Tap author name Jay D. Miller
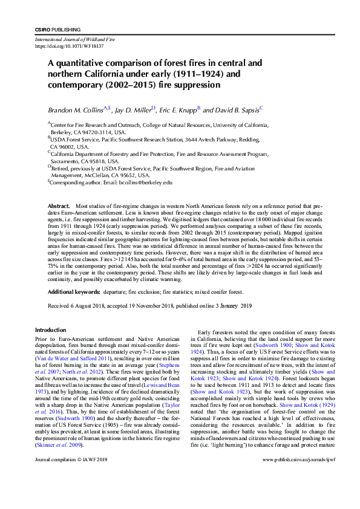[134, 111]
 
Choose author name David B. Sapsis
[237, 111]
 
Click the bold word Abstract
[59, 207]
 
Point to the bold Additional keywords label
[74, 292]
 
